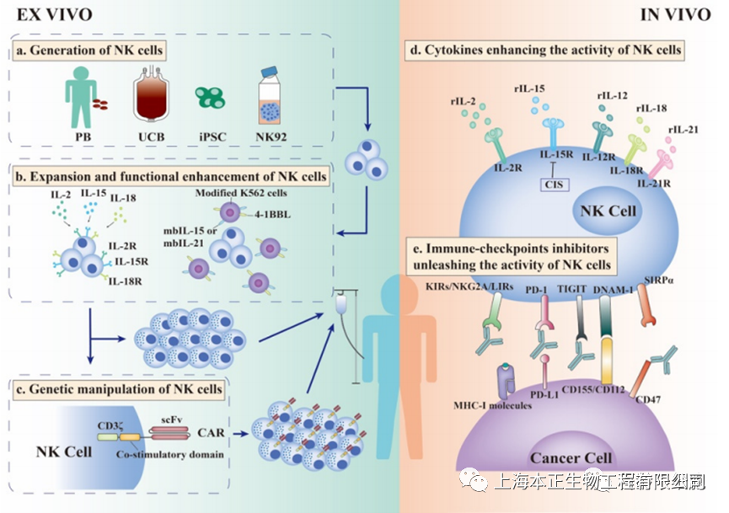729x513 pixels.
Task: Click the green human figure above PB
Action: (80, 99)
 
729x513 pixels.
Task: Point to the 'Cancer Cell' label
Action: (576, 458)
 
